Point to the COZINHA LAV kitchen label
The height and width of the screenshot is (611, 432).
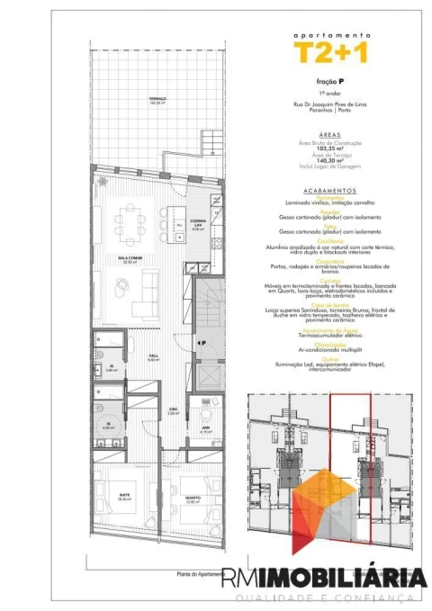click(200, 224)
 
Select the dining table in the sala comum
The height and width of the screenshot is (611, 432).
click(134, 220)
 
